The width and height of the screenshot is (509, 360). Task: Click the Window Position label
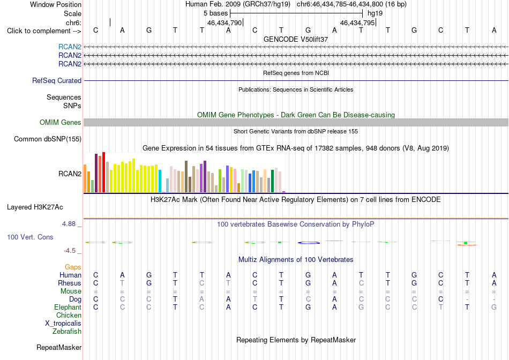(56, 4)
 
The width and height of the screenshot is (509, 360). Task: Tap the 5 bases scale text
(215, 13)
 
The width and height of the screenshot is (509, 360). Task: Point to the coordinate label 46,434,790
(224, 22)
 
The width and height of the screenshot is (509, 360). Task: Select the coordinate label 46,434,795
(357, 22)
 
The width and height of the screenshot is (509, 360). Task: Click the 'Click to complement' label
(44, 31)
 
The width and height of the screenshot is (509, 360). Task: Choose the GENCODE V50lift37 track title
(296, 39)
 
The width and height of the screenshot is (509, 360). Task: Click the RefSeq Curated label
(57, 80)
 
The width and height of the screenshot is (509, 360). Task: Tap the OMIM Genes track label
(61, 122)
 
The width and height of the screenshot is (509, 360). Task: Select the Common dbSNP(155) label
(48, 139)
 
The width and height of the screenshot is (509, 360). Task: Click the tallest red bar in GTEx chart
(103, 172)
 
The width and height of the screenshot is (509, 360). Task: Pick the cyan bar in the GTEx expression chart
(160, 181)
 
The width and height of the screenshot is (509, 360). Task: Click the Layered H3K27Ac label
(35, 207)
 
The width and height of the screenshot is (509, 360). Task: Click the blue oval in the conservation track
(309, 243)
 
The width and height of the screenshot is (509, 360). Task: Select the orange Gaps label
(73, 267)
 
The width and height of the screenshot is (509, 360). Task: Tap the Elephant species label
(68, 307)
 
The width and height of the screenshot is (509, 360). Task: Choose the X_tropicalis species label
(63, 324)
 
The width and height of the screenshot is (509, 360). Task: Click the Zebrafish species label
(67, 332)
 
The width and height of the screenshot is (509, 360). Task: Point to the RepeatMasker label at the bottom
(59, 347)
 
